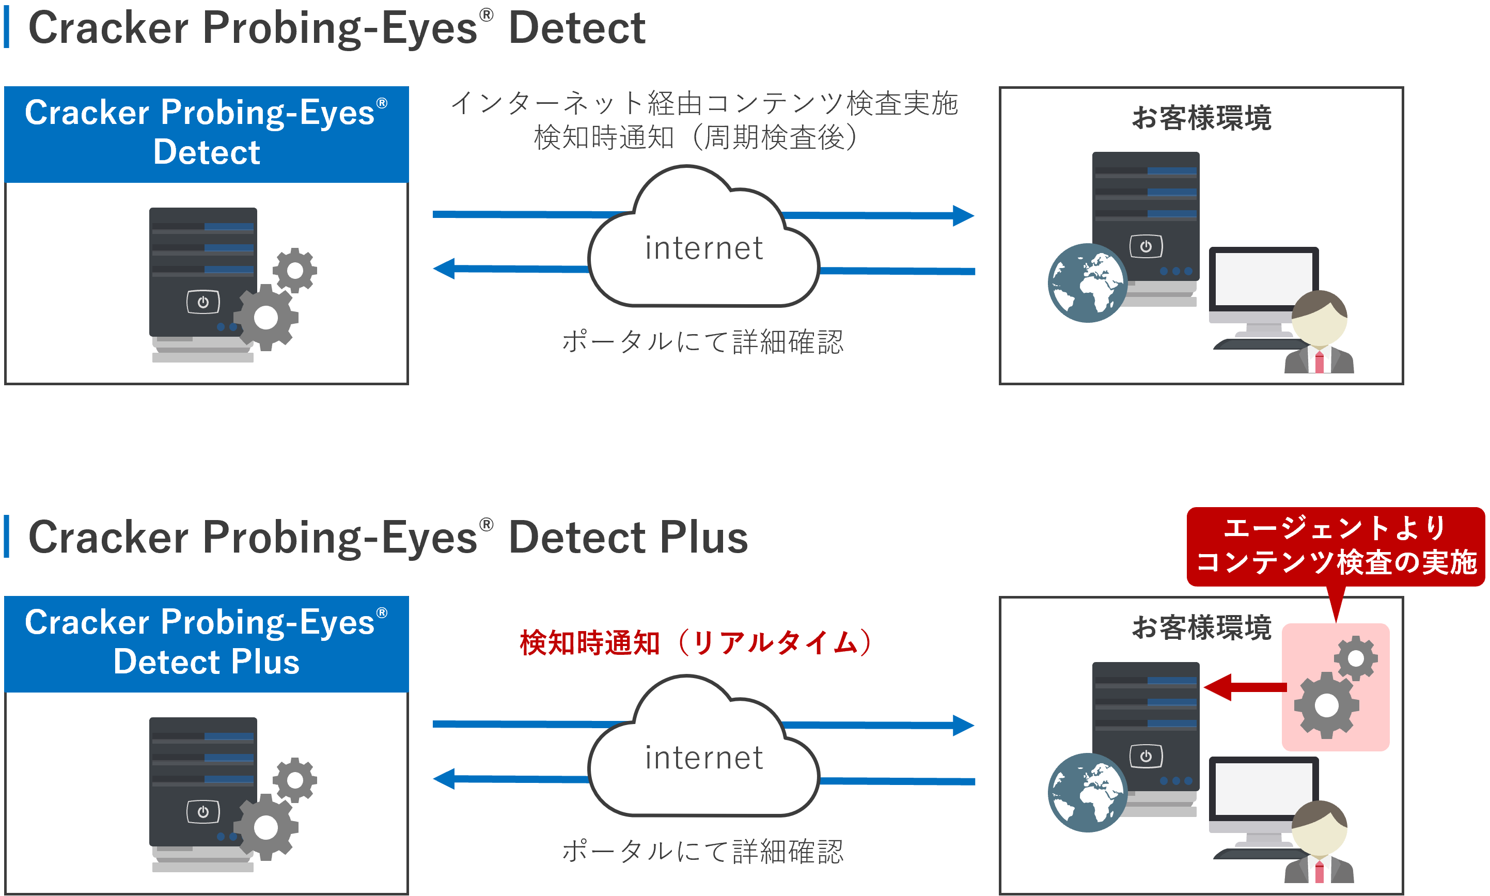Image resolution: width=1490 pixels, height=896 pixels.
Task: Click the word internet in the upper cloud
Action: click(703, 248)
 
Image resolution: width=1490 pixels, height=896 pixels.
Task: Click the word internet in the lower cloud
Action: click(703, 758)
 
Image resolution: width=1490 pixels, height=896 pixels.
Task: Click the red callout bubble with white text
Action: click(1335, 546)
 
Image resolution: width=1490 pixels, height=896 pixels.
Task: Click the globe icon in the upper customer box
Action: click(1086, 282)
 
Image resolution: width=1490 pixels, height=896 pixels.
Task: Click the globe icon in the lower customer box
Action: click(1086, 792)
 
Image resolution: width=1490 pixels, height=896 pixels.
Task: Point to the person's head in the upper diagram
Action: click(1319, 317)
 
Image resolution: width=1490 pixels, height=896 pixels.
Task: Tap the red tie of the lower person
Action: click(1319, 872)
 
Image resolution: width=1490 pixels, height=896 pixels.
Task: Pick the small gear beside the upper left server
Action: click(294, 270)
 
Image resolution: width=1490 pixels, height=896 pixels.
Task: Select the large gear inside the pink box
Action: click(1326, 705)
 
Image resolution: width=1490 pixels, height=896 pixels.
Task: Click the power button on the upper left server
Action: click(203, 302)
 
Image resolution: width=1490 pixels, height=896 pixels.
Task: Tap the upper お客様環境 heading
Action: click(1201, 118)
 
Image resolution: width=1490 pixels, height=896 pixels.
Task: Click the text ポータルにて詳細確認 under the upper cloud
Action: click(702, 342)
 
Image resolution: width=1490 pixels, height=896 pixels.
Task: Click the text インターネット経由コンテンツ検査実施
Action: click(704, 103)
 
